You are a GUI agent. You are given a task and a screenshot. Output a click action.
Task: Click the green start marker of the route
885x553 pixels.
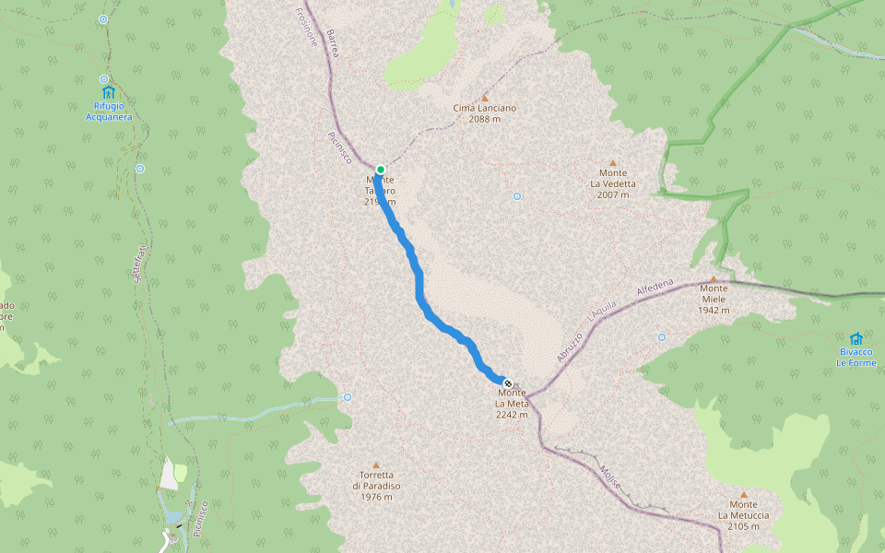coord(380,170)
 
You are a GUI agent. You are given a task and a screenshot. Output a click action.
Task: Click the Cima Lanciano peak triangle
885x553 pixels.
coord(485,97)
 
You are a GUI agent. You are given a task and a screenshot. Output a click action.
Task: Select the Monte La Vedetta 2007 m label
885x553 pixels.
coord(613,183)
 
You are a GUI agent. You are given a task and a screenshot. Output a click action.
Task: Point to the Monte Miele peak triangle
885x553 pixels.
coord(714,279)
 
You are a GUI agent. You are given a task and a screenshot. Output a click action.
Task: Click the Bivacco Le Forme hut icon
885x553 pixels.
coord(855,338)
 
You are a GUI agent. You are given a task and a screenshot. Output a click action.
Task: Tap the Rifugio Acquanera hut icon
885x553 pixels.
coord(109,92)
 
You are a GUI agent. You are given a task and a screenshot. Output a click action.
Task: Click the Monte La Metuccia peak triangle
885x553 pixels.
coord(744,494)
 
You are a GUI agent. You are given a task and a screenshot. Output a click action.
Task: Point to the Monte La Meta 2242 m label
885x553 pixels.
coord(512,404)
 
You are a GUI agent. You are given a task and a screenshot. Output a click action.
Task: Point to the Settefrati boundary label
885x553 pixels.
coord(137,264)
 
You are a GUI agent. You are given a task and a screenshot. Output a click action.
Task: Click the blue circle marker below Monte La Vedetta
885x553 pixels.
coord(517,196)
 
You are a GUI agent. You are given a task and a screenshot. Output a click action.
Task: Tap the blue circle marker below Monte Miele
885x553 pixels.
coord(661,337)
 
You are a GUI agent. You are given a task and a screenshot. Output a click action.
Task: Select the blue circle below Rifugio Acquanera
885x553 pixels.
coord(139,169)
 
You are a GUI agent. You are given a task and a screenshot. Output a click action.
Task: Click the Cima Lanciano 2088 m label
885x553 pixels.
coord(485,113)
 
